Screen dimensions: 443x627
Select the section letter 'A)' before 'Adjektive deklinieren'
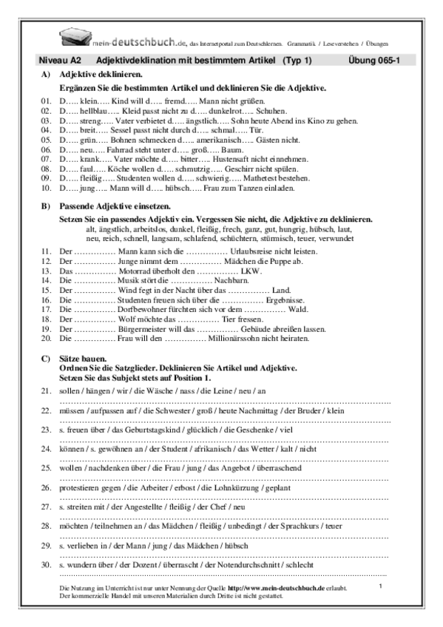pos(46,75)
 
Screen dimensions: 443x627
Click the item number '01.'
pos(46,99)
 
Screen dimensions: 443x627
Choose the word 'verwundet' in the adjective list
pos(337,238)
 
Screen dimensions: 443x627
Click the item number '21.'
pos(46,390)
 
